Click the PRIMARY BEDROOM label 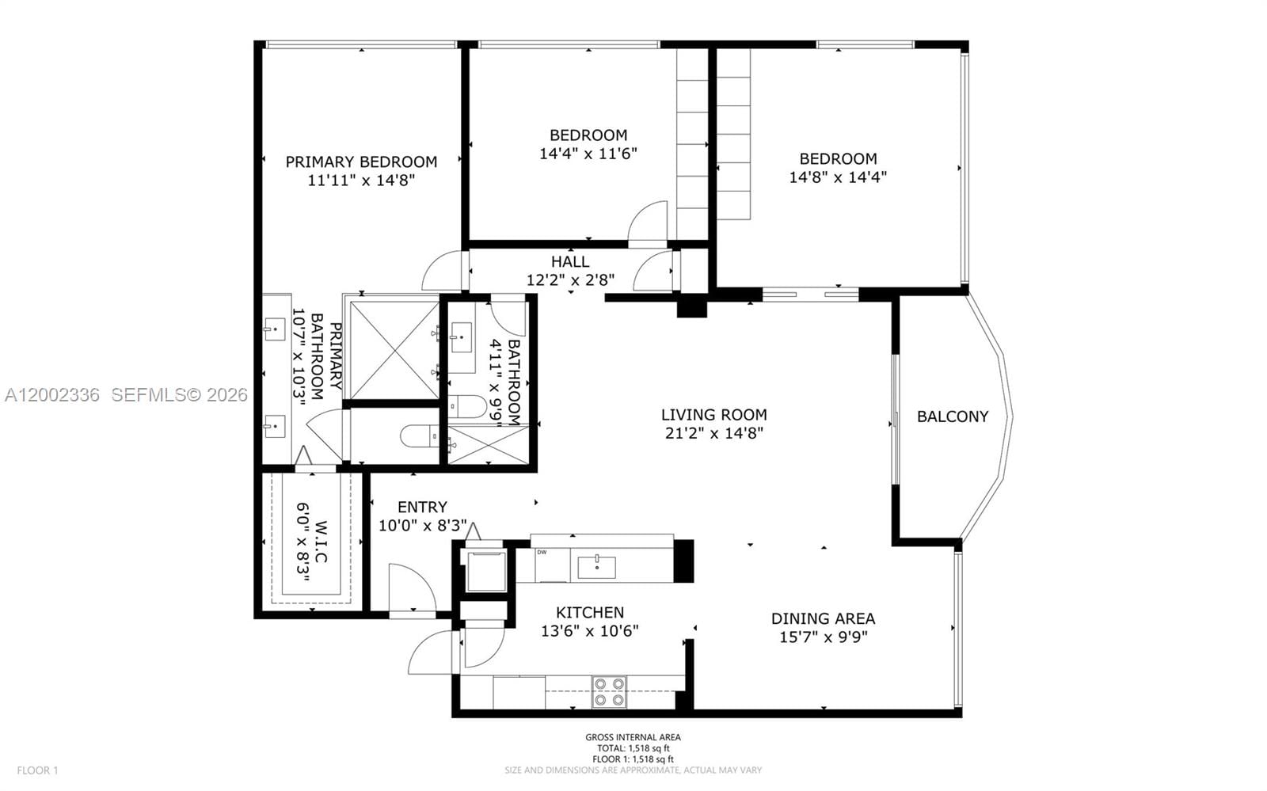361,162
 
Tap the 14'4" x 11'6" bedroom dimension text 588,154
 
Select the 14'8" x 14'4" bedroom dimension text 837,177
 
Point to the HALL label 570,261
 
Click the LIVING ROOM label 713,414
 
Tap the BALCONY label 952,416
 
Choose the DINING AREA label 823,618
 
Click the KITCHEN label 589,612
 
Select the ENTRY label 422,507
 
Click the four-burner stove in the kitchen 609,692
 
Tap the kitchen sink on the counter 596,567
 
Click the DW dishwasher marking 542,553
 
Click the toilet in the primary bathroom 417,435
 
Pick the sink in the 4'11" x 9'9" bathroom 460,337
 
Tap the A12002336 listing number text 52,394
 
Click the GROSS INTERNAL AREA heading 633,737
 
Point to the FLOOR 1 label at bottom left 38,770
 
